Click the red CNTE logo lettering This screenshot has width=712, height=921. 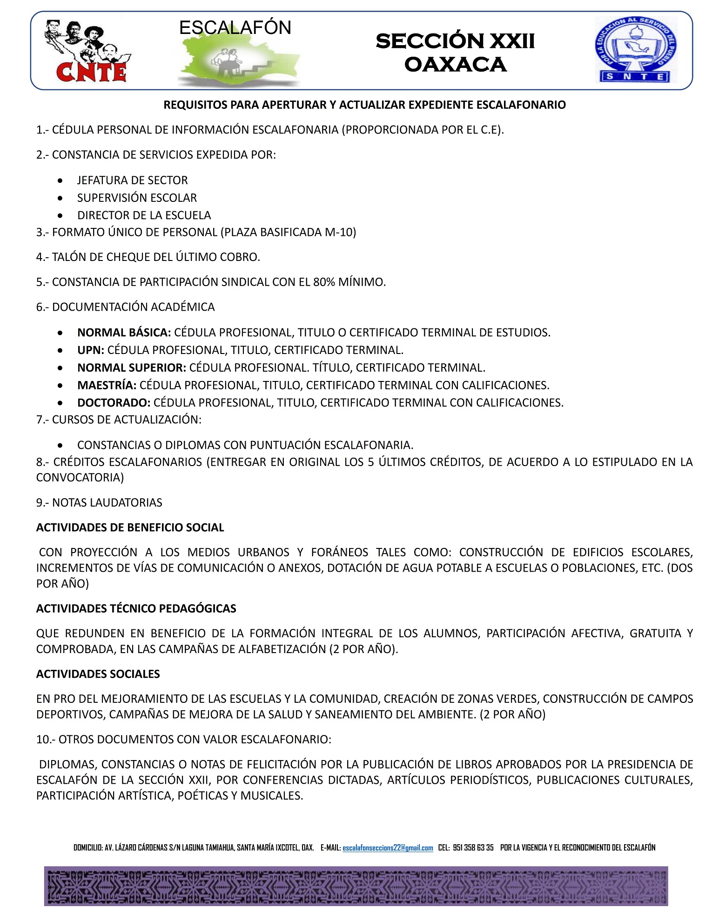pos(91,72)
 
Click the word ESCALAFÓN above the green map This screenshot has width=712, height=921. pos(235,28)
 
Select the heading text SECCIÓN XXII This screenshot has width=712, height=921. pos(455,41)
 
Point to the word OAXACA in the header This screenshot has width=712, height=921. pos(455,64)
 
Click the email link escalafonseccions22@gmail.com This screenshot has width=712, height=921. pos(388,848)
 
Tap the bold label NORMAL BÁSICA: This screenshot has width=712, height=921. pos(124,333)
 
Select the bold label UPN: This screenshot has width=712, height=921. pos(91,350)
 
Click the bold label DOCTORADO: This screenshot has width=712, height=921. pos(114,402)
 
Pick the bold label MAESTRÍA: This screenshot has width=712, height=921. pos(107,385)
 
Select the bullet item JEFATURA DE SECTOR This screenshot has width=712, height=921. pos(132,180)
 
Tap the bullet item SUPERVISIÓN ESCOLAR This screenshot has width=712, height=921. pos(137,198)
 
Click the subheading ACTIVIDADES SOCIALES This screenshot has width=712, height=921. pos(98,674)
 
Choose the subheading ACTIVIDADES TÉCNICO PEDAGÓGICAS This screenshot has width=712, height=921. pos(136,608)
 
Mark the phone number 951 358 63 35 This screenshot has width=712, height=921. pos(473,848)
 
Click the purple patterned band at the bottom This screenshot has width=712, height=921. pos(356,886)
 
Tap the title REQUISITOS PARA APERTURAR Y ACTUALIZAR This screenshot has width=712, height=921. pos(364,105)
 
